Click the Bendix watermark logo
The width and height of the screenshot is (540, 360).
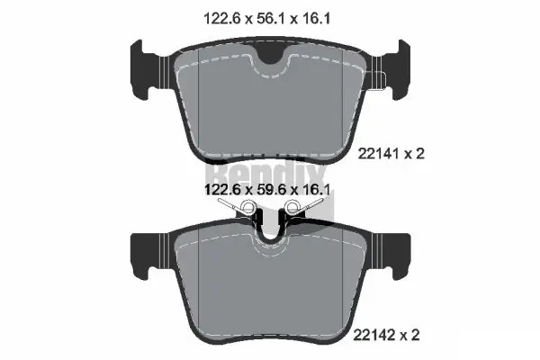coord(270,171)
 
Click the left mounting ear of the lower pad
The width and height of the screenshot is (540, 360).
coord(147,251)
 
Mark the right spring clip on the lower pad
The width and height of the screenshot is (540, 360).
coord(300,210)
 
